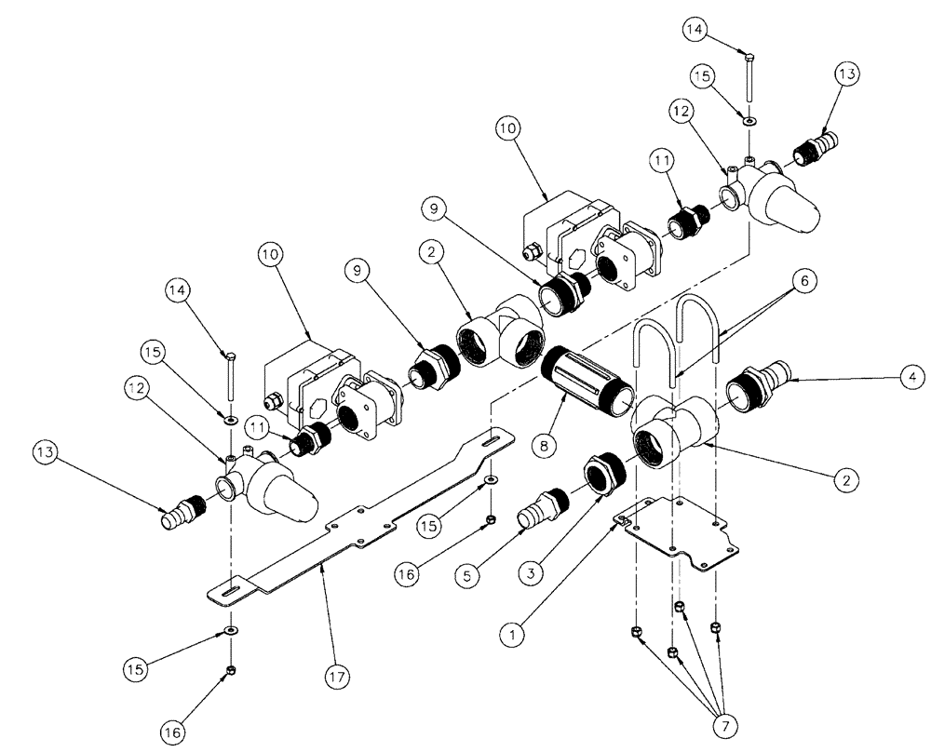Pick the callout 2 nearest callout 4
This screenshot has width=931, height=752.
point(844,480)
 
